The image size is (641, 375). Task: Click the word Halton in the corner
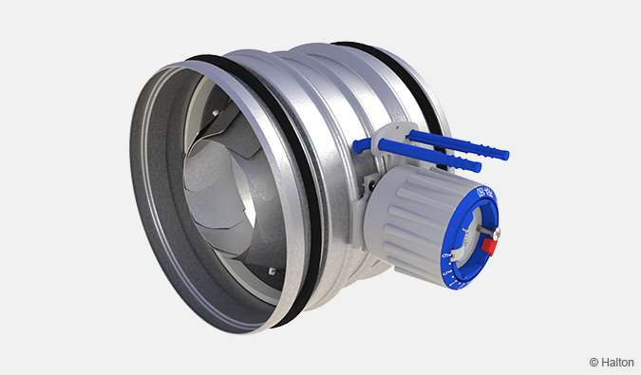pos(616,362)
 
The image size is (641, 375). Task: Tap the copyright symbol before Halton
pos(594,362)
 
